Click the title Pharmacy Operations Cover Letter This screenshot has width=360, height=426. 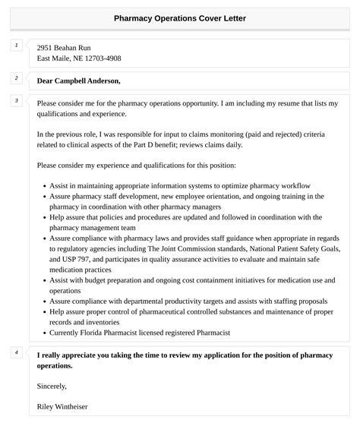pos(180,17)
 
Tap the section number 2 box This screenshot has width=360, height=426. pos(16,77)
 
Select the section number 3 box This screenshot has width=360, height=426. pos(16,100)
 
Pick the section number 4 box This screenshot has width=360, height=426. pos(16,352)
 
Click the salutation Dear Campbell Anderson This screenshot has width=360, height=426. pos(78,80)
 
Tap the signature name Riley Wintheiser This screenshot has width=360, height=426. pos(62,407)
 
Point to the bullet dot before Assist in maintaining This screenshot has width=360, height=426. pos(44,186)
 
